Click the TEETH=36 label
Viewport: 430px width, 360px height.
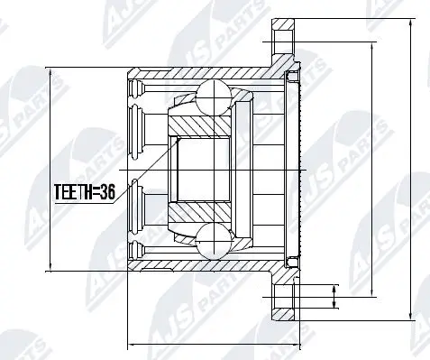(x=84, y=192)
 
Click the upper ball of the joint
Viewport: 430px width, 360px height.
(x=215, y=93)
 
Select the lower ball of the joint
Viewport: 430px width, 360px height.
(x=215, y=241)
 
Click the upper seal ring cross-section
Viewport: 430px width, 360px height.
(x=290, y=78)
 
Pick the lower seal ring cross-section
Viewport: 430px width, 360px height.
(x=290, y=261)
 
